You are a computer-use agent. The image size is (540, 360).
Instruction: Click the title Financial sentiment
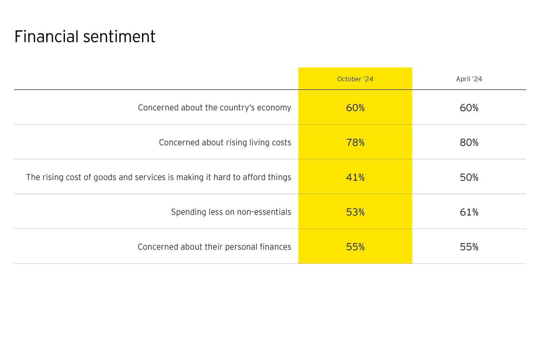[85, 36]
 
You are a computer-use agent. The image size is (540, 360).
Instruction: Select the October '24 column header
[355, 79]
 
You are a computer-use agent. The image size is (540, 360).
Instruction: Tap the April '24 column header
[469, 79]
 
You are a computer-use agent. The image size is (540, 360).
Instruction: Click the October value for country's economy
[355, 108]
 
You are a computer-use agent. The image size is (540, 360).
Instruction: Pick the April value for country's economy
[469, 108]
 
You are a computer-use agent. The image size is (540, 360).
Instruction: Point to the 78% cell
[355, 143]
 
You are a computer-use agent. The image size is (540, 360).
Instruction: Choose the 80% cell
[469, 143]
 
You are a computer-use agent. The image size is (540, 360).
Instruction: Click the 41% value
[355, 177]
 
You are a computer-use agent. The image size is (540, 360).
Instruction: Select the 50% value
[469, 177]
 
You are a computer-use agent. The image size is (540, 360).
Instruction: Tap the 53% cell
[355, 212]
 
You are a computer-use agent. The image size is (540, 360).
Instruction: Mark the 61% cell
[469, 212]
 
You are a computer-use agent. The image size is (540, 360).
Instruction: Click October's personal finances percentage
[355, 247]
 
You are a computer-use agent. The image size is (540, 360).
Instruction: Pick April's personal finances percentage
[469, 247]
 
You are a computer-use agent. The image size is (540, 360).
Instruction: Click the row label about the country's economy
[214, 108]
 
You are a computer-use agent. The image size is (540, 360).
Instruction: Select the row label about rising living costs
[225, 143]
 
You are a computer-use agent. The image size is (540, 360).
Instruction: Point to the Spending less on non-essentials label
[231, 212]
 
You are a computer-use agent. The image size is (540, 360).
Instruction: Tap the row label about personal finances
[214, 247]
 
